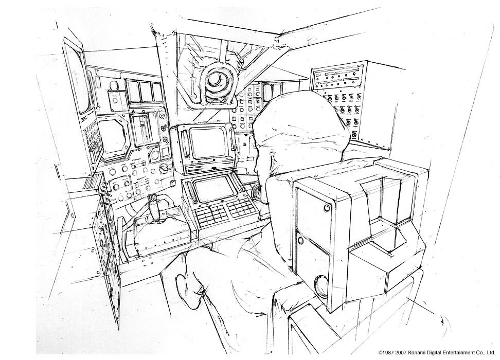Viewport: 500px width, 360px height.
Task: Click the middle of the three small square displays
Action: [x=145, y=91]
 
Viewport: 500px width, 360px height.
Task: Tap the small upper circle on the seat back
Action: [x=327, y=207]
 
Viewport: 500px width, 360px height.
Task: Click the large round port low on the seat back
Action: [x=322, y=285]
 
